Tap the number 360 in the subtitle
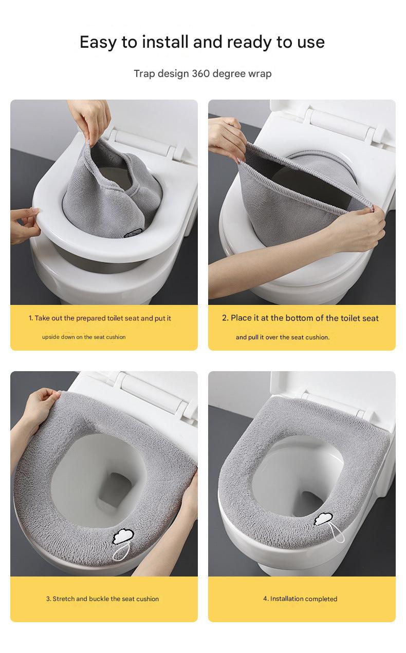(x=201, y=73)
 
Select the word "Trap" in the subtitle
(x=144, y=73)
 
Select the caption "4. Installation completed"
(x=301, y=599)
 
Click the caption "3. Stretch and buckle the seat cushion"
(x=102, y=599)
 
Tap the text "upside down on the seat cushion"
(x=84, y=337)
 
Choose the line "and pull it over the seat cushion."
(x=282, y=337)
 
